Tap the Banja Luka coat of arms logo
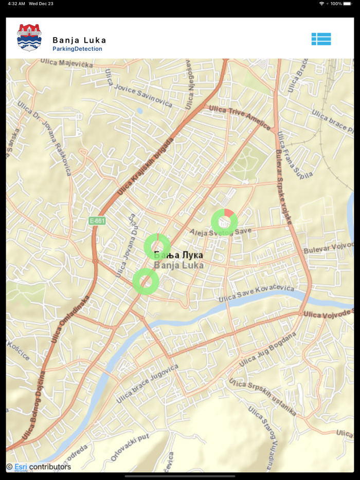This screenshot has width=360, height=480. click(x=29, y=38)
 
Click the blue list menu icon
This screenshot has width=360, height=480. click(x=321, y=39)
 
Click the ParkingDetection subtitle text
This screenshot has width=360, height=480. click(x=77, y=49)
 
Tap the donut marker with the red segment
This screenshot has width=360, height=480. click(x=224, y=222)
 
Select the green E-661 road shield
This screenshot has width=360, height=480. click(x=97, y=220)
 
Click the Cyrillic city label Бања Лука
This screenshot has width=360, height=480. click(x=178, y=255)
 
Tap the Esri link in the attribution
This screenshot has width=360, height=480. click(x=21, y=467)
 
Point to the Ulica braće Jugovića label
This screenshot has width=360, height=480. click(x=147, y=383)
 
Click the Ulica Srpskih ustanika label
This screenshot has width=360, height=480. click(x=263, y=398)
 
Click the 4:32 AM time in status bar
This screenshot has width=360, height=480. click(x=16, y=4)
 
